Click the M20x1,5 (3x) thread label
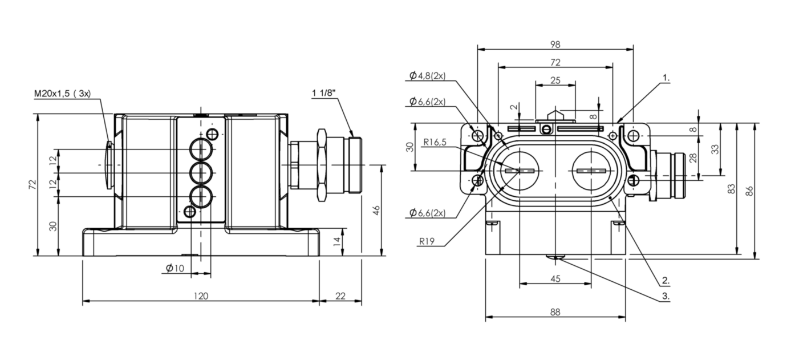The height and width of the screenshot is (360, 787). click(63, 94)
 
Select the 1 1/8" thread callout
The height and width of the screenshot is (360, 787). click(323, 93)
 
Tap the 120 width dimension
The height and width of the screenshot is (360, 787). click(201, 296)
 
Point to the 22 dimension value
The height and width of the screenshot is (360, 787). click(340, 296)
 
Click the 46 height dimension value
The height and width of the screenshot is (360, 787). click(376, 211)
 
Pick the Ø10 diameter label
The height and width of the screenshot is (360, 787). click(175, 268)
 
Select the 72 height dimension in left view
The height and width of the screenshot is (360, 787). click(33, 185)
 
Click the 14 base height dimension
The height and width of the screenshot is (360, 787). click(336, 241)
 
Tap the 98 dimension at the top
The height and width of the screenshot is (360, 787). click(555, 45)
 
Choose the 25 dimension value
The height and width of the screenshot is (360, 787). click(555, 80)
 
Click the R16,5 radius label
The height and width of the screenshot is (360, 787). click(435, 142)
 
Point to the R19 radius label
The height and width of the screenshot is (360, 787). click(427, 241)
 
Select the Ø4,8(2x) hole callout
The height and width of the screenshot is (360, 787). click(427, 75)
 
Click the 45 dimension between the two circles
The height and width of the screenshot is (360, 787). click(555, 279)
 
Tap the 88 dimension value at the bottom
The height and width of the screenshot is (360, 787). click(555, 312)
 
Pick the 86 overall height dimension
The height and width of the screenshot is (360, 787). click(749, 191)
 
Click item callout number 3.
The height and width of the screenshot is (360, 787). click(666, 296)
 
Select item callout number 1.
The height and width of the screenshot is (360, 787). click(666, 78)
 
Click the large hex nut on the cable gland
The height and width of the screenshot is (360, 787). click(322, 165)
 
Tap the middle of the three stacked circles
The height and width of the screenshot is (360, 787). click(201, 173)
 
